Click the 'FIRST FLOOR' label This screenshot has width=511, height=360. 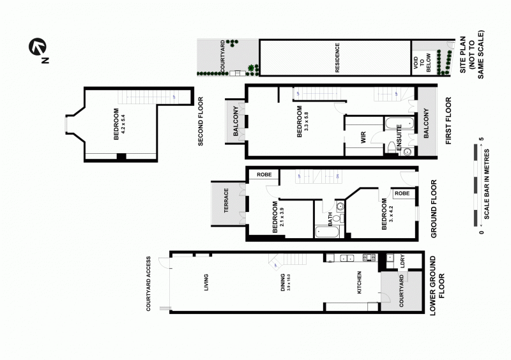[448, 121]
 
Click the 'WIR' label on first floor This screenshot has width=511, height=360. [362, 137]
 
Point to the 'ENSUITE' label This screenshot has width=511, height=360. [399, 139]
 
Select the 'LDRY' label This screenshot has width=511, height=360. [402, 262]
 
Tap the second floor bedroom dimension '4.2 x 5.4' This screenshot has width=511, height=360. [123, 122]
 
